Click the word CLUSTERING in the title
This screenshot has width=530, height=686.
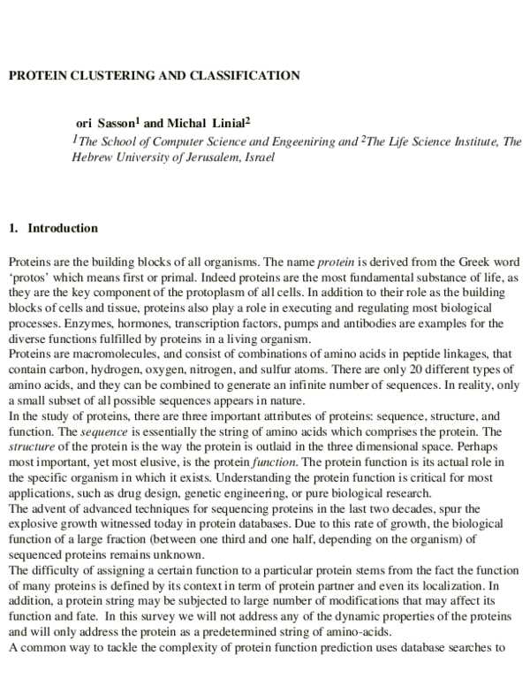click(x=102, y=76)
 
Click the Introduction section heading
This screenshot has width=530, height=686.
click(x=62, y=228)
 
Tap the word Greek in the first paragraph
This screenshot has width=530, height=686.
click(x=469, y=263)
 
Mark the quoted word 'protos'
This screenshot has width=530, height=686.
click(x=29, y=277)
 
